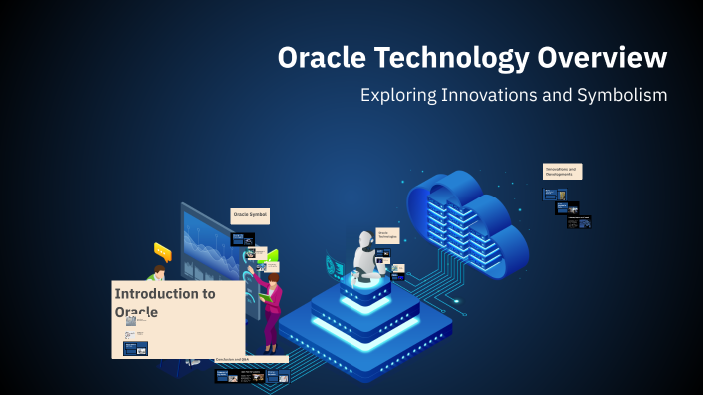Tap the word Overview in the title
click(x=603, y=58)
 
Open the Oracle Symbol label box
click(x=250, y=214)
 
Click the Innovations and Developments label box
click(x=562, y=171)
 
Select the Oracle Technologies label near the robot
click(x=387, y=235)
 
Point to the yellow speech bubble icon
click(x=162, y=252)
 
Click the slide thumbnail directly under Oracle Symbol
click(x=243, y=239)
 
